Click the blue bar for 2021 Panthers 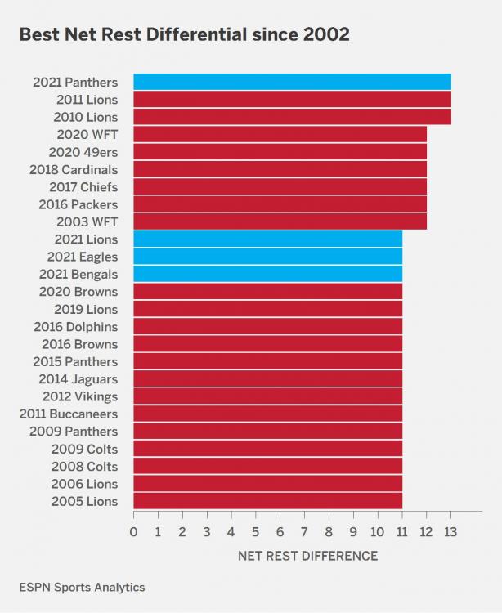pos(292,82)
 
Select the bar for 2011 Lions pos(292,99)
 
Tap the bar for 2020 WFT pos(280,134)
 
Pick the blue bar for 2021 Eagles pos(267,257)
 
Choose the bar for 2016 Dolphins pos(267,326)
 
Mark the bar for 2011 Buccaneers pos(267,414)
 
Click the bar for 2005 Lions pos(267,501)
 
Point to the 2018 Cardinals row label pos(74,169)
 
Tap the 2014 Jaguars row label pos(78,379)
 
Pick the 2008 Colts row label pos(84,466)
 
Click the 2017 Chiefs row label pos(83,186)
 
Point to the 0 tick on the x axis pos(134,532)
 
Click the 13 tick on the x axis pos(450,532)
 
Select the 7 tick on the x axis pos(304,532)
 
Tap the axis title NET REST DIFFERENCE pos(307,556)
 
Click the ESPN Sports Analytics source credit pos(82,587)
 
